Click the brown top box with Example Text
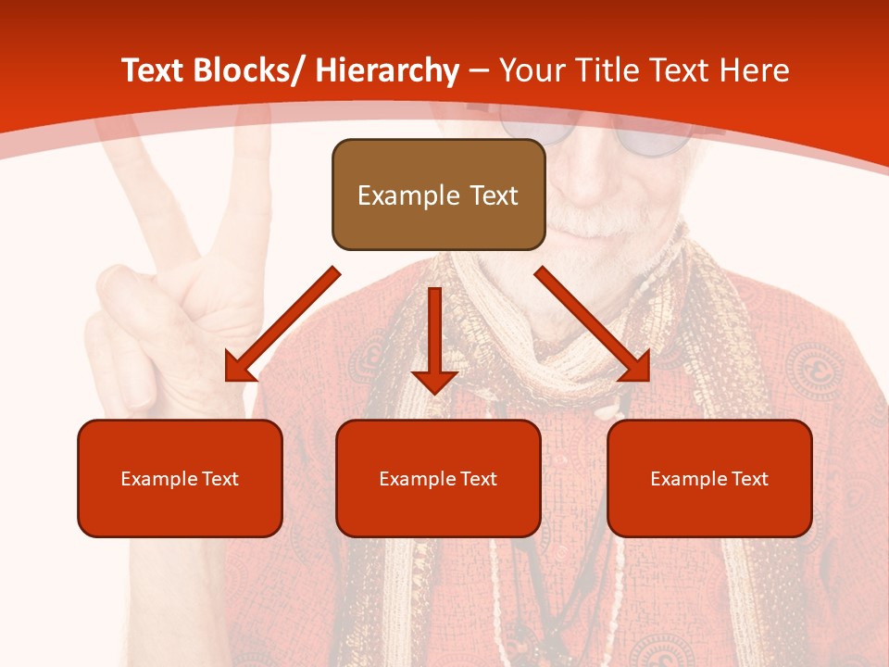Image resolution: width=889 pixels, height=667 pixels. [x=438, y=195]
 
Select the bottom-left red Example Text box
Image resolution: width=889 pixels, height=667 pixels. [x=180, y=478]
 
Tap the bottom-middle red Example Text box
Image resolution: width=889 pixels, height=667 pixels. [x=438, y=478]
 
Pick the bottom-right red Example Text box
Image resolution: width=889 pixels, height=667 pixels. [x=709, y=478]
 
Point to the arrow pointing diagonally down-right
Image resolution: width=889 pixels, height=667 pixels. [x=594, y=324]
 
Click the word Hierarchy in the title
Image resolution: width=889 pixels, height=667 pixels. [x=388, y=70]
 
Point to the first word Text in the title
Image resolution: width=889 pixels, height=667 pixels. [x=154, y=70]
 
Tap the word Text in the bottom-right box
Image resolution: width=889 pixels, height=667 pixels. [x=750, y=479]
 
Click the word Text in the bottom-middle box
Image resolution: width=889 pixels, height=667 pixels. [x=479, y=479]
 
